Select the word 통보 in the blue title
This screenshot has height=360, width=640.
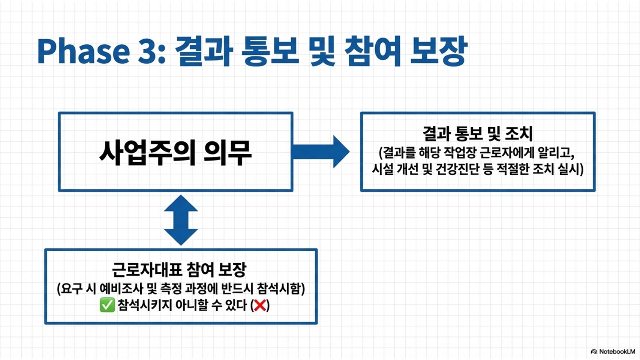click(270, 51)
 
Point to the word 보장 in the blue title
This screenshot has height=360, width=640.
click(438, 51)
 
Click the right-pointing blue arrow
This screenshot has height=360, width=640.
click(321, 151)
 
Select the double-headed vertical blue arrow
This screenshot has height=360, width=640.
click(181, 220)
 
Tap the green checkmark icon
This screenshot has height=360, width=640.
click(107, 305)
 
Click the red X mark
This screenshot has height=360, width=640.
click(260, 305)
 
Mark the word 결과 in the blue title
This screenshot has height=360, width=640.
click(204, 51)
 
